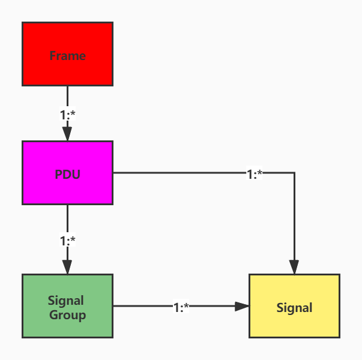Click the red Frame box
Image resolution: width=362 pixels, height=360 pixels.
pos(67,54)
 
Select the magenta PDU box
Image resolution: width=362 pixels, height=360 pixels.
pos(67,173)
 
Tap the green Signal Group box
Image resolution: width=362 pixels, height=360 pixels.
pos(67,306)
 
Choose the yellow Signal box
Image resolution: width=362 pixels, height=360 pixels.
pos(294,306)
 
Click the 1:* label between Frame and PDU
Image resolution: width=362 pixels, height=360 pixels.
pos(67,115)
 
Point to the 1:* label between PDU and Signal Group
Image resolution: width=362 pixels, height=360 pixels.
pos(67,241)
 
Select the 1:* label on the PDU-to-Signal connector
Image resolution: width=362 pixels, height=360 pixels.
pos(255,174)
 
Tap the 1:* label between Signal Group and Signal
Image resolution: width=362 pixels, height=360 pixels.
pos(181,307)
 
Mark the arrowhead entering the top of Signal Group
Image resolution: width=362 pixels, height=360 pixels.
pos(67,267)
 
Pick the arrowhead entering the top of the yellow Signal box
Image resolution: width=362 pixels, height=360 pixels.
pos(294,267)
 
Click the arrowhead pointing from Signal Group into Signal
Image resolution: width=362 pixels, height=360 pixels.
pos(241,306)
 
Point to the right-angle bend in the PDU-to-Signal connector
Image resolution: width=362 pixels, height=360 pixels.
pos(294,173)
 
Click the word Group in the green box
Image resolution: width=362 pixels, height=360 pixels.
pos(67,315)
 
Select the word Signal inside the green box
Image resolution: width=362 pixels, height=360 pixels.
pos(66,300)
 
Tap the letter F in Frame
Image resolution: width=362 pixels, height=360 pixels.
pos(52,56)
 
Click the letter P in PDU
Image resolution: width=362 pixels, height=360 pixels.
pos(58,175)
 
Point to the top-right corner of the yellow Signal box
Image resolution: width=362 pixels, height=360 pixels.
pos(340,275)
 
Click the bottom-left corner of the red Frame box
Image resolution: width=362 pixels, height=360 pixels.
pos(23,85)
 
